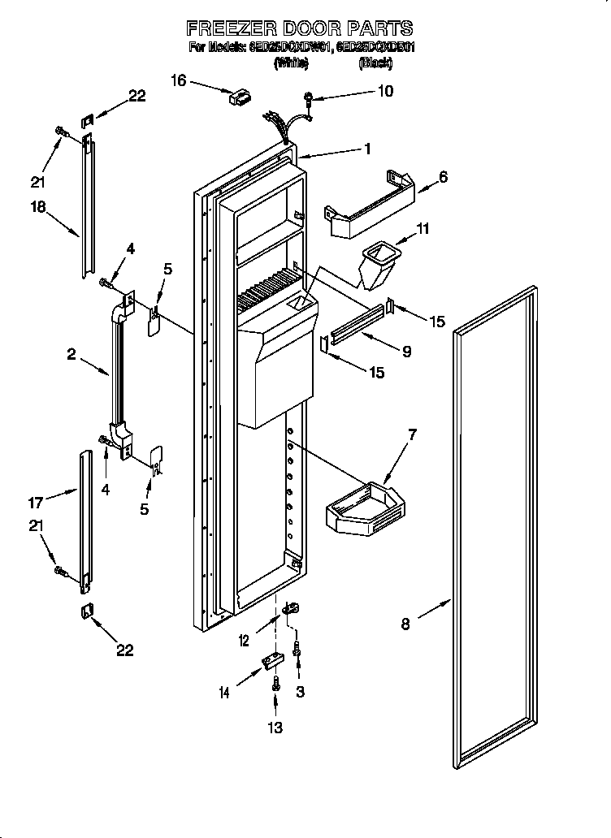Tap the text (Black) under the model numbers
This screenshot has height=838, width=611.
tap(375, 62)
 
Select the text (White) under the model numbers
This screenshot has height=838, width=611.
tap(290, 62)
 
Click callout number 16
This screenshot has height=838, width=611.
tap(179, 80)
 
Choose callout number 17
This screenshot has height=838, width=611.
tap(36, 503)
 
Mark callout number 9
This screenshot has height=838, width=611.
tap(406, 352)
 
